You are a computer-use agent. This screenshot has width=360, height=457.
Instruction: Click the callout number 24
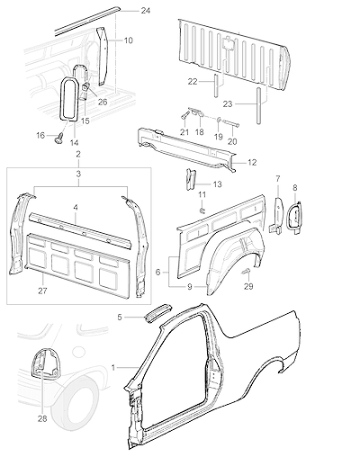pyautogui.click(x=146, y=11)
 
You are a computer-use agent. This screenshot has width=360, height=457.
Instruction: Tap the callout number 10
pyautogui.click(x=128, y=40)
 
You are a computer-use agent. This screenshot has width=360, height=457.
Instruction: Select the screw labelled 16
pyautogui.click(x=59, y=138)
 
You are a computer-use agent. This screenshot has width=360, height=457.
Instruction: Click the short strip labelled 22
pyautogui.click(x=216, y=85)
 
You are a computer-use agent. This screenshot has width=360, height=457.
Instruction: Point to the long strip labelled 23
pyautogui.click(x=258, y=105)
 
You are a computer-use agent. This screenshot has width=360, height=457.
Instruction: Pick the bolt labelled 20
pyautogui.click(x=232, y=124)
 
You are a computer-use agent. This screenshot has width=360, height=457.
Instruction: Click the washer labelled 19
pyautogui.click(x=219, y=121)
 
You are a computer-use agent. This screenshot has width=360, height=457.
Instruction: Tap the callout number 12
pyautogui.click(x=252, y=162)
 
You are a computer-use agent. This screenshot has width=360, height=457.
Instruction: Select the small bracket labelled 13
pyautogui.click(x=191, y=179)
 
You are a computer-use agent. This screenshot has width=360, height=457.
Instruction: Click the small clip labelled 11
pyautogui.click(x=202, y=211)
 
